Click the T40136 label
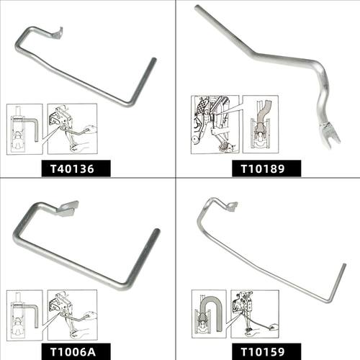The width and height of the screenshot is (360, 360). click(72, 169)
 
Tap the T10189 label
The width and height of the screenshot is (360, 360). click(263, 168)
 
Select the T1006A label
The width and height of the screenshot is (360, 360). click(73, 352)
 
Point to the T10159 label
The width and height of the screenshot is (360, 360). click(263, 352)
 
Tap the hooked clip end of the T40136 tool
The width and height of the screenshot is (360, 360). click(58, 33)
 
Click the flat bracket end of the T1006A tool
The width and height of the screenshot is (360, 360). click(68, 208)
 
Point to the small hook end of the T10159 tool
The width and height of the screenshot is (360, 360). click(231, 206)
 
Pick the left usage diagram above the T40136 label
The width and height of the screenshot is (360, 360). click(24, 129)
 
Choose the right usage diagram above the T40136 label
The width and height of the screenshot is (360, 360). click(73, 129)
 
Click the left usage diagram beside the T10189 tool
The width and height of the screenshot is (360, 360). click(215, 125)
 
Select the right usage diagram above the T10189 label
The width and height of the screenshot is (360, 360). click(261, 125)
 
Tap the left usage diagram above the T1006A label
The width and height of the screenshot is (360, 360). click(24, 315)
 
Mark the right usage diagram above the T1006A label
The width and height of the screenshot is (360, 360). click(73, 315)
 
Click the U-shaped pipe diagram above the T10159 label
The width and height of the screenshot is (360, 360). click(209, 314)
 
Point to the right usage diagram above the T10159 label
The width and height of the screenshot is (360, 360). click(255, 314)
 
